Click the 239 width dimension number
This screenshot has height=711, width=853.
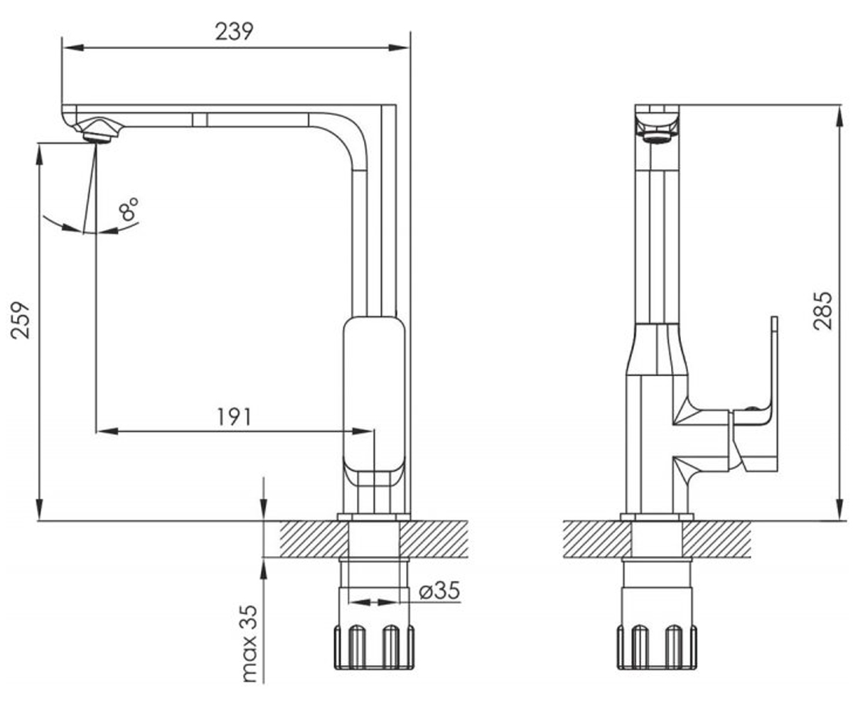[234, 31]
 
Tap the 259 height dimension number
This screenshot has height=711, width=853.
[21, 320]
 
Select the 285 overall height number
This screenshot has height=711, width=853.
[822, 310]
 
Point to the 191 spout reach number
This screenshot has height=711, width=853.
[234, 417]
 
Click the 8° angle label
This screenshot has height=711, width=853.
[129, 209]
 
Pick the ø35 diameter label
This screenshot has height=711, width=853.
[439, 590]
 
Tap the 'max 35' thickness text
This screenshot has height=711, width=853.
[250, 643]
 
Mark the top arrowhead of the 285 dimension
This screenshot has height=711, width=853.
[840, 116]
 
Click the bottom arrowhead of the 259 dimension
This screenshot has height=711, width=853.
[39, 509]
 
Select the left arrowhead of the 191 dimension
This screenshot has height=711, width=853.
[108, 431]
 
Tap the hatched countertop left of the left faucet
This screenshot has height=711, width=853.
[313, 539]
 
